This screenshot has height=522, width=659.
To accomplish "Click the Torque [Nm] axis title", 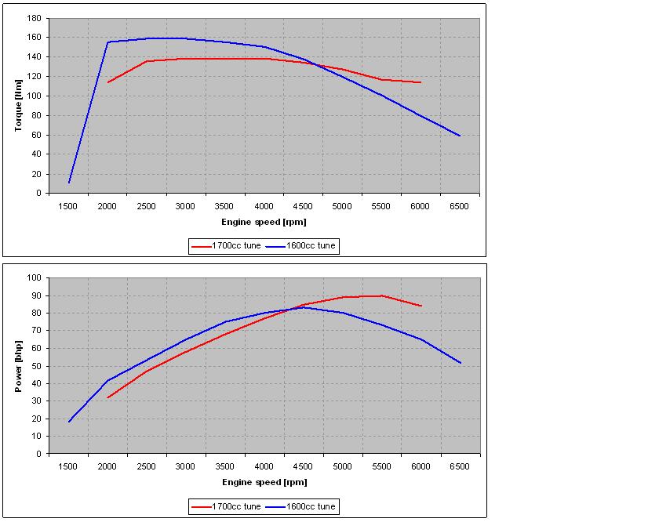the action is click(x=18, y=105).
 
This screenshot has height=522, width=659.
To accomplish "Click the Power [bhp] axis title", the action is click(x=18, y=366).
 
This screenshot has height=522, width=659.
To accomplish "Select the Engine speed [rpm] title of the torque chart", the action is click(x=264, y=222).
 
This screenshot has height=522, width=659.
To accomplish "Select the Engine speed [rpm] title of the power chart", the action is click(x=265, y=482).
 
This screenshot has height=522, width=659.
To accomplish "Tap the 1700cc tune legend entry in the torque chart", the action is click(x=226, y=245).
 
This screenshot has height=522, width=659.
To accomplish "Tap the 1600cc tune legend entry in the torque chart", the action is click(x=300, y=245).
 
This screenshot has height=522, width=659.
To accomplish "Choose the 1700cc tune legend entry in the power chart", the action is click(x=226, y=506).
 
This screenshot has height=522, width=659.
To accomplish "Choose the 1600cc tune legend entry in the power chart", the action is click(x=300, y=506).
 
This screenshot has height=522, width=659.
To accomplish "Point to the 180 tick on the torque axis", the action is click(x=34, y=18).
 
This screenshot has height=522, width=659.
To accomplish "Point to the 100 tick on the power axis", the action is click(x=34, y=277).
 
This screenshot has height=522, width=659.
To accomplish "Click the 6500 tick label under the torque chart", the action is click(x=459, y=206).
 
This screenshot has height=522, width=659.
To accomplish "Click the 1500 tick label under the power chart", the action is click(x=67, y=466).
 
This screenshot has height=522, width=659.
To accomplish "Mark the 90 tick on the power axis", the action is click(x=37, y=295).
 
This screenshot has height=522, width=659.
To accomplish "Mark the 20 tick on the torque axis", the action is click(x=37, y=174).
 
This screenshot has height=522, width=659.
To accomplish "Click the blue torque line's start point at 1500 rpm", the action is click(x=69, y=183).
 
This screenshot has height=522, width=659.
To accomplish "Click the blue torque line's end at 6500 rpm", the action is click(x=461, y=136).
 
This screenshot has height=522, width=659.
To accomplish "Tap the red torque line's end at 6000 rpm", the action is click(x=421, y=82).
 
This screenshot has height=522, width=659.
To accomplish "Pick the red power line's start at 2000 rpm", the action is click(x=107, y=397).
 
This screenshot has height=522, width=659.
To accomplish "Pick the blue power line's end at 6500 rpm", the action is click(x=461, y=363).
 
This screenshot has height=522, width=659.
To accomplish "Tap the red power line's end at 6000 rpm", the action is click(x=421, y=306).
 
